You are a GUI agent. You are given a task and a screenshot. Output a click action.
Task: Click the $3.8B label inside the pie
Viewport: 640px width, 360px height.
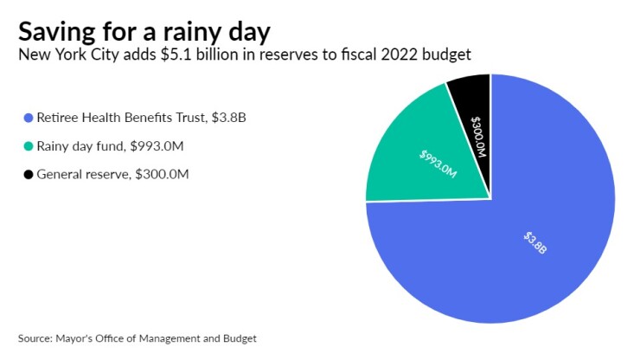point(535,241)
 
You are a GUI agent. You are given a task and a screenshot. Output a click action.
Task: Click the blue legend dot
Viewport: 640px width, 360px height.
point(29,117)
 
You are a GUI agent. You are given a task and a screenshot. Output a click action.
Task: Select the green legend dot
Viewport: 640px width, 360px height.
point(29,145)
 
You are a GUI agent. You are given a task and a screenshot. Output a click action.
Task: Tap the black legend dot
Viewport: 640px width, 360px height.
point(29,174)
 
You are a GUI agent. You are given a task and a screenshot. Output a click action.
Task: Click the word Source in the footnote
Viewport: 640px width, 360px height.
point(34,337)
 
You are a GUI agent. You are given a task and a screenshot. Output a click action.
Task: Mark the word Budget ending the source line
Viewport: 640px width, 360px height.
point(239,337)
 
